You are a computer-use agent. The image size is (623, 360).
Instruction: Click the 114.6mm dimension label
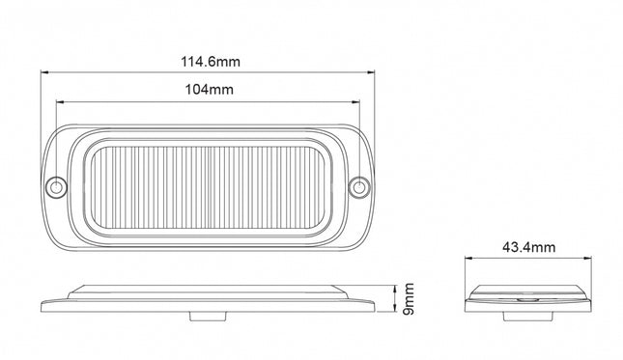coord(211,62)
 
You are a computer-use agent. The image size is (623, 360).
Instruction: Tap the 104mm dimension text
coord(209,90)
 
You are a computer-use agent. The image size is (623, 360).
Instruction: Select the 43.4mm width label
coord(529,247)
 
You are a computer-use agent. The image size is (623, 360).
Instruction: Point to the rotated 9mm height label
coord(409,299)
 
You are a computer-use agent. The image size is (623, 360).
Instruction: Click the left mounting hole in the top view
coord(56,186)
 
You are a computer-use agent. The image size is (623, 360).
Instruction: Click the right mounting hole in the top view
coord(358,186)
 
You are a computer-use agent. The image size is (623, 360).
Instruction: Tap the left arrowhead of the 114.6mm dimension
coord(44,72)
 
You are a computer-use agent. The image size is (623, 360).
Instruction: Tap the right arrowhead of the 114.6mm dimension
coord(371,72)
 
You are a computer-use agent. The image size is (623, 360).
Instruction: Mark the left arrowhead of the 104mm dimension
coord(60,102)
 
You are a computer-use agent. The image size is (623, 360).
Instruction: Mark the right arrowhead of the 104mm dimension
coord(356,102)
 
